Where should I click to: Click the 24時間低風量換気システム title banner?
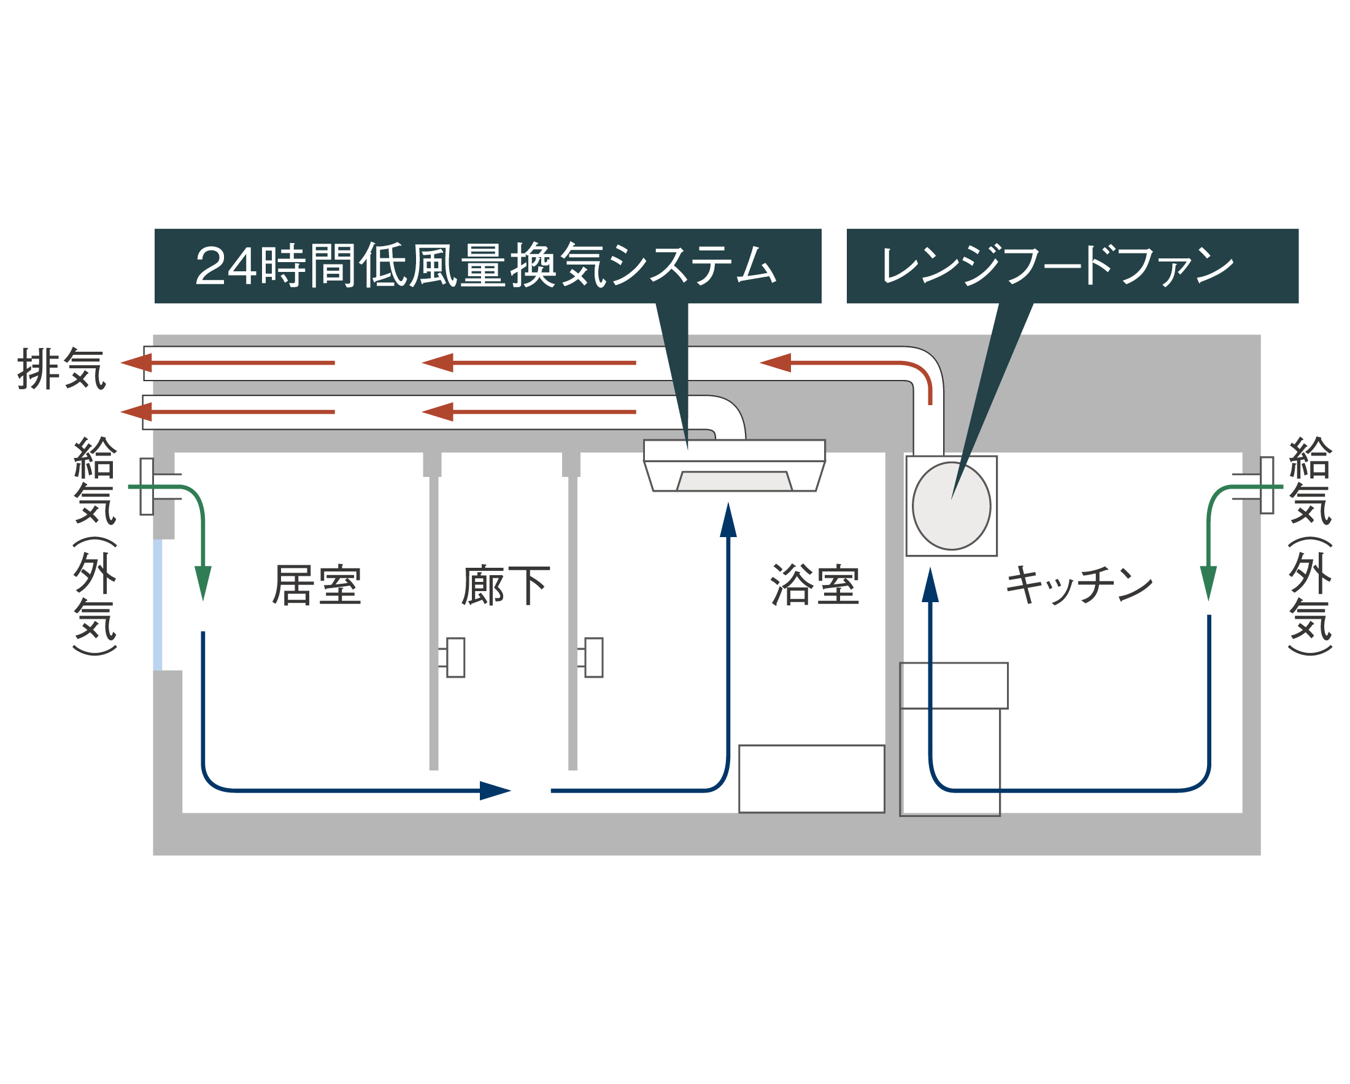pos(488,266)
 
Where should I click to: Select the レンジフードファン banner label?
pos(1072,266)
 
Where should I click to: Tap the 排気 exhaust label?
pos(61,369)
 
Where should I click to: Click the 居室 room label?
pos(317,585)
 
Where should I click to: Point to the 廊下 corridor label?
pos(506,585)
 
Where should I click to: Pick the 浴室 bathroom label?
pos(815,585)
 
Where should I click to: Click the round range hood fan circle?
pos(951,506)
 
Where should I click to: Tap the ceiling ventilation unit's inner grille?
pos(735,481)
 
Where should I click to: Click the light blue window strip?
pos(158,605)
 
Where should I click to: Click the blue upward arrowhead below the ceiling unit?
pos(728,520)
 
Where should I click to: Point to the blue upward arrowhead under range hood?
pos(930,585)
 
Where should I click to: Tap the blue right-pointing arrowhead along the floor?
pos(495,791)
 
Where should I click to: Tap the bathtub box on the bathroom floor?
pos(811,779)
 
